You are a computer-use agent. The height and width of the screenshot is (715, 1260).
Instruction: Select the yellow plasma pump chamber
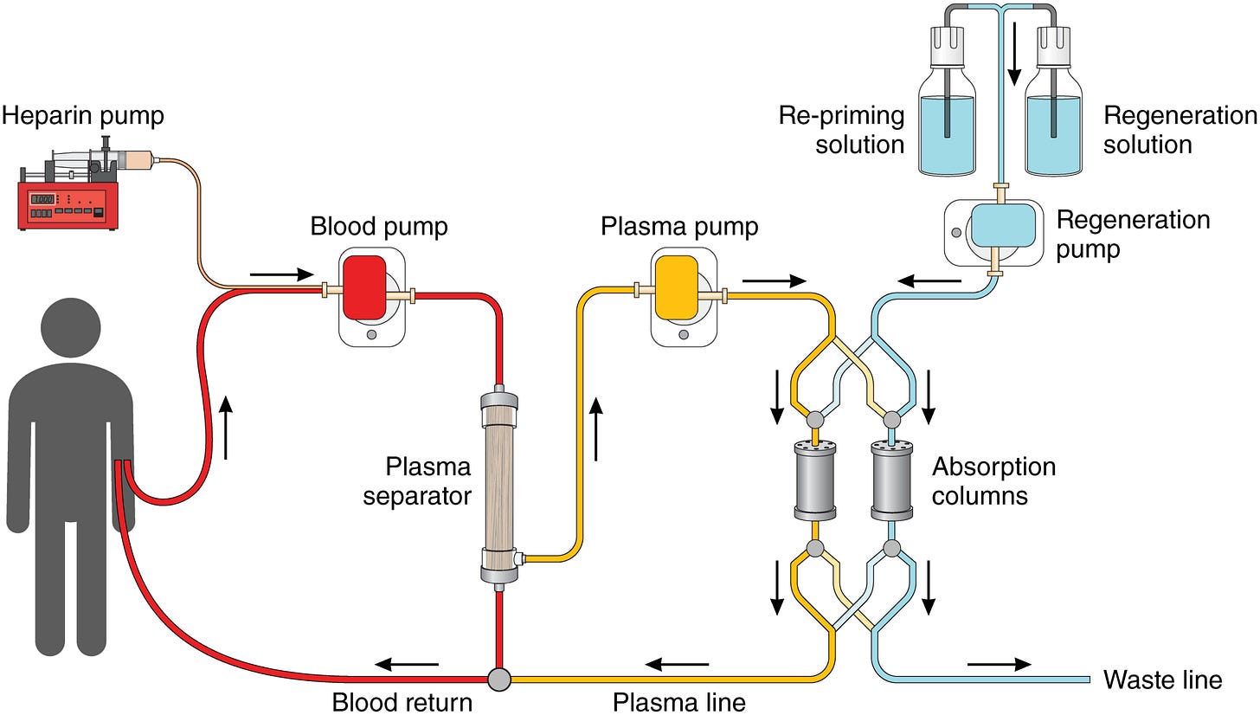(676, 287)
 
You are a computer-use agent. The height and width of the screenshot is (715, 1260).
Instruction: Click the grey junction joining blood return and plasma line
(499, 679)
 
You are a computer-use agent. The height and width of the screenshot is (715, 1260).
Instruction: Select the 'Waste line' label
(1162, 680)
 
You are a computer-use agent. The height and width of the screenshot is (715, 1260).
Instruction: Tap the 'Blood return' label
(402, 701)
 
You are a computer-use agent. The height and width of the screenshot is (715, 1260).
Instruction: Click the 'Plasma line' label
(678, 701)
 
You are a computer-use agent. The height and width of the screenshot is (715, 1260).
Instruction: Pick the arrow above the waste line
(999, 664)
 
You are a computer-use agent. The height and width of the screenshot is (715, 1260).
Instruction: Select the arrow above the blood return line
(407, 665)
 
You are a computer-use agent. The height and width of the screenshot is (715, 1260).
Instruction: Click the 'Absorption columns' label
(993, 481)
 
